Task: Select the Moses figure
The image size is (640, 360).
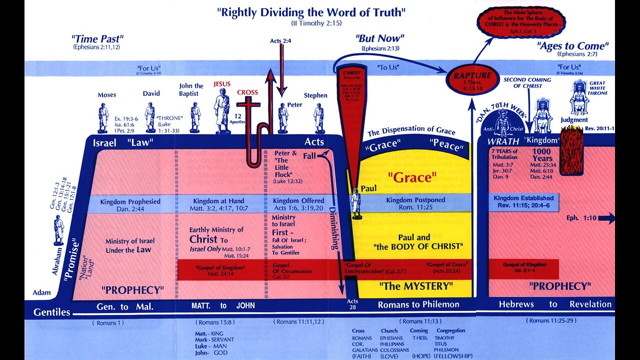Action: click(x=103, y=117)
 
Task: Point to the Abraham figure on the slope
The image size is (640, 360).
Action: click(x=59, y=229)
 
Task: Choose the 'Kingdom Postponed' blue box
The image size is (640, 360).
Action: click(x=415, y=203)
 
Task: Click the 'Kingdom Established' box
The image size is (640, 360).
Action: click(x=523, y=201)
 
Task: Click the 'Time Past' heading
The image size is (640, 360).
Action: click(x=97, y=38)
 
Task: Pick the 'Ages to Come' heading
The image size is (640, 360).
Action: click(x=573, y=46)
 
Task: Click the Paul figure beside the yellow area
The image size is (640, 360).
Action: click(x=355, y=202)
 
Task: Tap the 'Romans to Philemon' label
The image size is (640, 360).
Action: click(x=418, y=304)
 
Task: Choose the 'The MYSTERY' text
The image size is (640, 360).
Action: click(x=415, y=286)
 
